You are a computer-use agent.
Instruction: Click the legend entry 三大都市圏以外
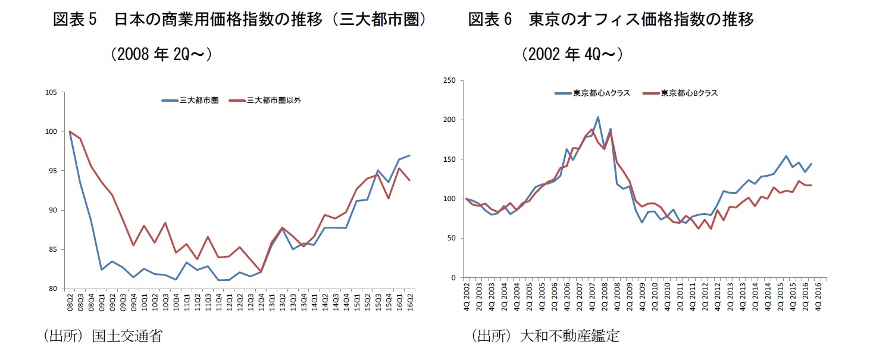tap(274, 101)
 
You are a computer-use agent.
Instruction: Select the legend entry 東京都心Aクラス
tap(601, 93)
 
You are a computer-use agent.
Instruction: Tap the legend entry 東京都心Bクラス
tap(689, 93)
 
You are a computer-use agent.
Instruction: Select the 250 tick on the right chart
tap(449, 80)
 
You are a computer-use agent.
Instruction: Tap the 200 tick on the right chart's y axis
tap(449, 120)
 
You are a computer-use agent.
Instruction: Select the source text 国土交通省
tap(127, 336)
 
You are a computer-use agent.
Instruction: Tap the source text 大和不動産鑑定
tap(569, 336)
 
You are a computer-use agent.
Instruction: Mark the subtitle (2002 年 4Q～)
tap(572, 55)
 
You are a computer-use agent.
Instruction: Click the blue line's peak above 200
tap(598, 117)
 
